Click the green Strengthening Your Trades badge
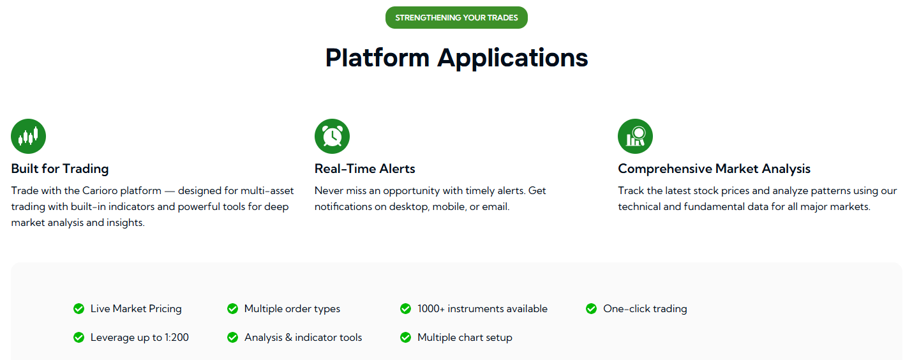(456, 18)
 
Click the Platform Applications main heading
(456, 57)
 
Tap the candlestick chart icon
(29, 136)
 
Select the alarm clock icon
(332, 136)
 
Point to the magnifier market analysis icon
(635, 136)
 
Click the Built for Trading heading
(60, 169)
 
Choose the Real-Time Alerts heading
(364, 169)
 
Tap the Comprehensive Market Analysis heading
(714, 169)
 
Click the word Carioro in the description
(100, 191)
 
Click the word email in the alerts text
(495, 207)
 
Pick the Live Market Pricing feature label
(136, 309)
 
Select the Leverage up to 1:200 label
(140, 338)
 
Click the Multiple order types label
(292, 309)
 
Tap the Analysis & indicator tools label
(303, 338)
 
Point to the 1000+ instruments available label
(482, 309)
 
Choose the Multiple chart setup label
(465, 338)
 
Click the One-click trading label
(645, 309)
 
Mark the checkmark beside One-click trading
(591, 309)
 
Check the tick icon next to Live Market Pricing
(78, 309)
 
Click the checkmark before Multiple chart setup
(405, 338)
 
